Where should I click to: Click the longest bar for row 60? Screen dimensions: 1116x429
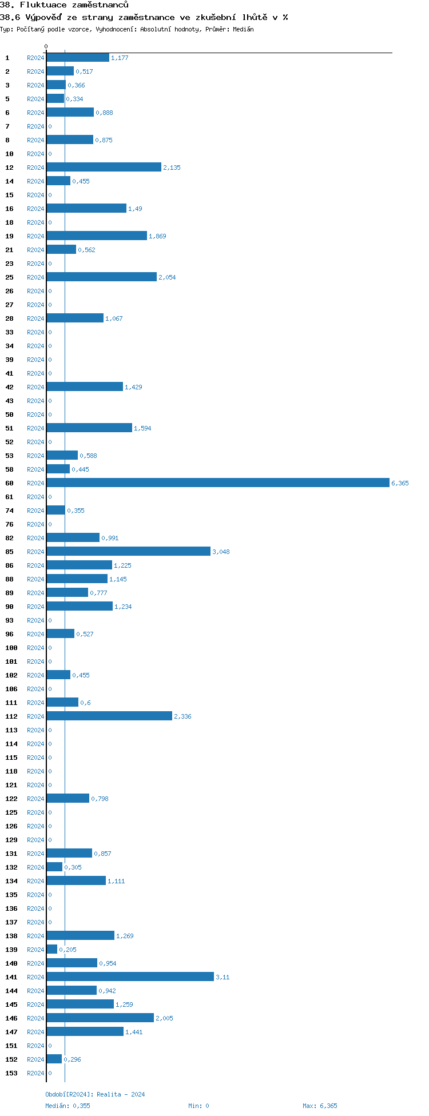pyautogui.click(x=217, y=483)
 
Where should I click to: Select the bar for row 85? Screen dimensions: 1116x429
pyautogui.click(x=128, y=552)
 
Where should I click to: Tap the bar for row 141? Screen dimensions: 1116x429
pyautogui.click(x=130, y=977)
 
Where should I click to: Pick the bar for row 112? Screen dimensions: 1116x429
pyautogui.click(x=109, y=716)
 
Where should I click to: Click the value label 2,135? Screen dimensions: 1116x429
pyautogui.click(x=172, y=168)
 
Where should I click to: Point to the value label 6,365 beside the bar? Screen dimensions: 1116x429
pyautogui.click(x=400, y=483)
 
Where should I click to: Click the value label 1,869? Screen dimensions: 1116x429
pyautogui.click(x=157, y=236)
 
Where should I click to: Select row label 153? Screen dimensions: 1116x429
pyautogui.click(x=11, y=1073)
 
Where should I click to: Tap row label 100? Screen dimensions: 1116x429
pyautogui.click(x=11, y=648)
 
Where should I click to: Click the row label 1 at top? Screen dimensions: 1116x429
pyautogui.click(x=7, y=58)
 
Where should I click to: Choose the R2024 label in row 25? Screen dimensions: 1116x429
pyautogui.click(x=35, y=277)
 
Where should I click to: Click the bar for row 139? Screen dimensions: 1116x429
pyautogui.click(x=52, y=950)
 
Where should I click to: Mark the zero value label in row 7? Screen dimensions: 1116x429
pyautogui.click(x=50, y=126)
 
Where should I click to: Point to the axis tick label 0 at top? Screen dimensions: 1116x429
pyautogui.click(x=46, y=47)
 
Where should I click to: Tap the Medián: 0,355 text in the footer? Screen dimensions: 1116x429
pyautogui.click(x=67, y=1106)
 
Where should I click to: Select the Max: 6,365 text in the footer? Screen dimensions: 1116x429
pyautogui.click(x=320, y=1106)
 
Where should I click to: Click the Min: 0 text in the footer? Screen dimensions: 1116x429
pyautogui.click(x=198, y=1106)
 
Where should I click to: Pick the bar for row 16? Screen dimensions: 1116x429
pyautogui.click(x=86, y=209)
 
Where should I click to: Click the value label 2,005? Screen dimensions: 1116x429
pyautogui.click(x=164, y=1018)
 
